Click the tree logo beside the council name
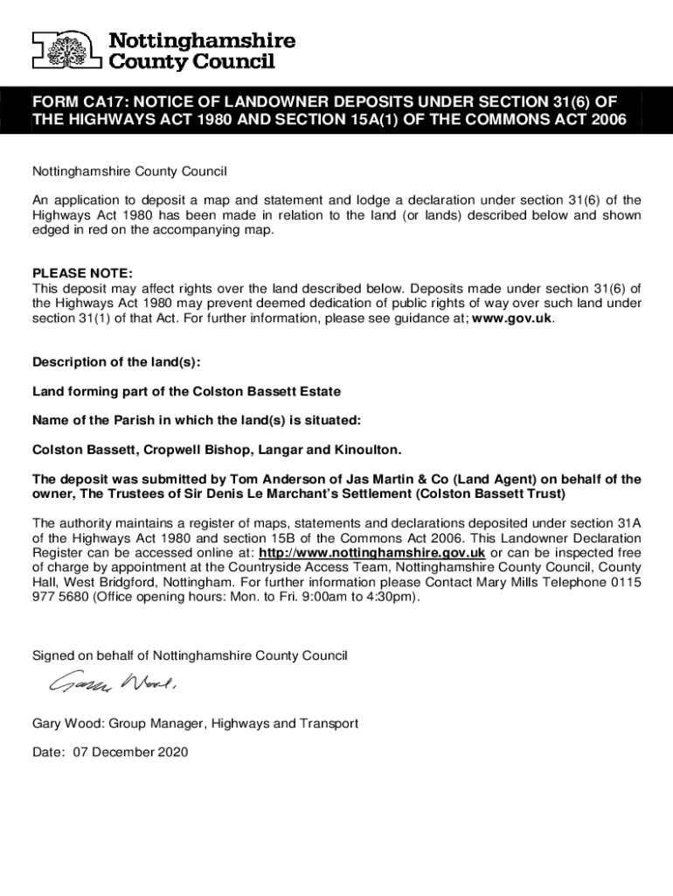[67, 51]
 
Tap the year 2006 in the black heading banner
[609, 121]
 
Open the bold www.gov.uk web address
[512, 318]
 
